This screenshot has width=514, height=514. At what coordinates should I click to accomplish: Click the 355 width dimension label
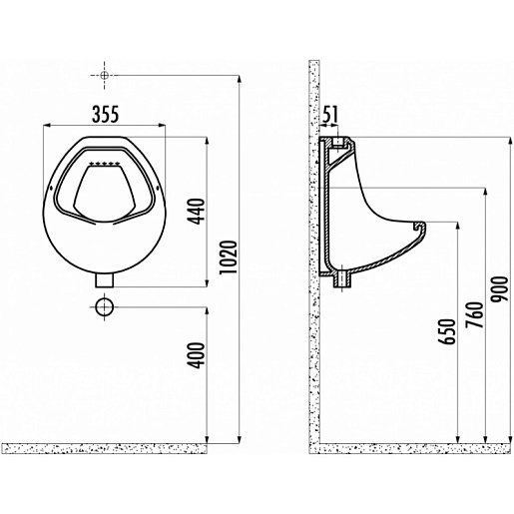105,114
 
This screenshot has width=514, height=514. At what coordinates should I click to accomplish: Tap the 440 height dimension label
197,212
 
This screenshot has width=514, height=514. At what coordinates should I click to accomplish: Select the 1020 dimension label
229,257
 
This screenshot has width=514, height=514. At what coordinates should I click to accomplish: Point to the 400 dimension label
197,355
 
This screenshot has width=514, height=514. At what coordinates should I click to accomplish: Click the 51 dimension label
330,114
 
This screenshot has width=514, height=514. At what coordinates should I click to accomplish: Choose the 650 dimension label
446,331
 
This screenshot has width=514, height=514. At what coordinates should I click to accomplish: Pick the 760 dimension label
474,314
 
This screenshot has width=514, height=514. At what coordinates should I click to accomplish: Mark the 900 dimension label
500,289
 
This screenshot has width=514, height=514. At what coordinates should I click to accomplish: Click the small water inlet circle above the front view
105,76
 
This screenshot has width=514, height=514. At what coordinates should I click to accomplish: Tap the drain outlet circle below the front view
105,307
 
